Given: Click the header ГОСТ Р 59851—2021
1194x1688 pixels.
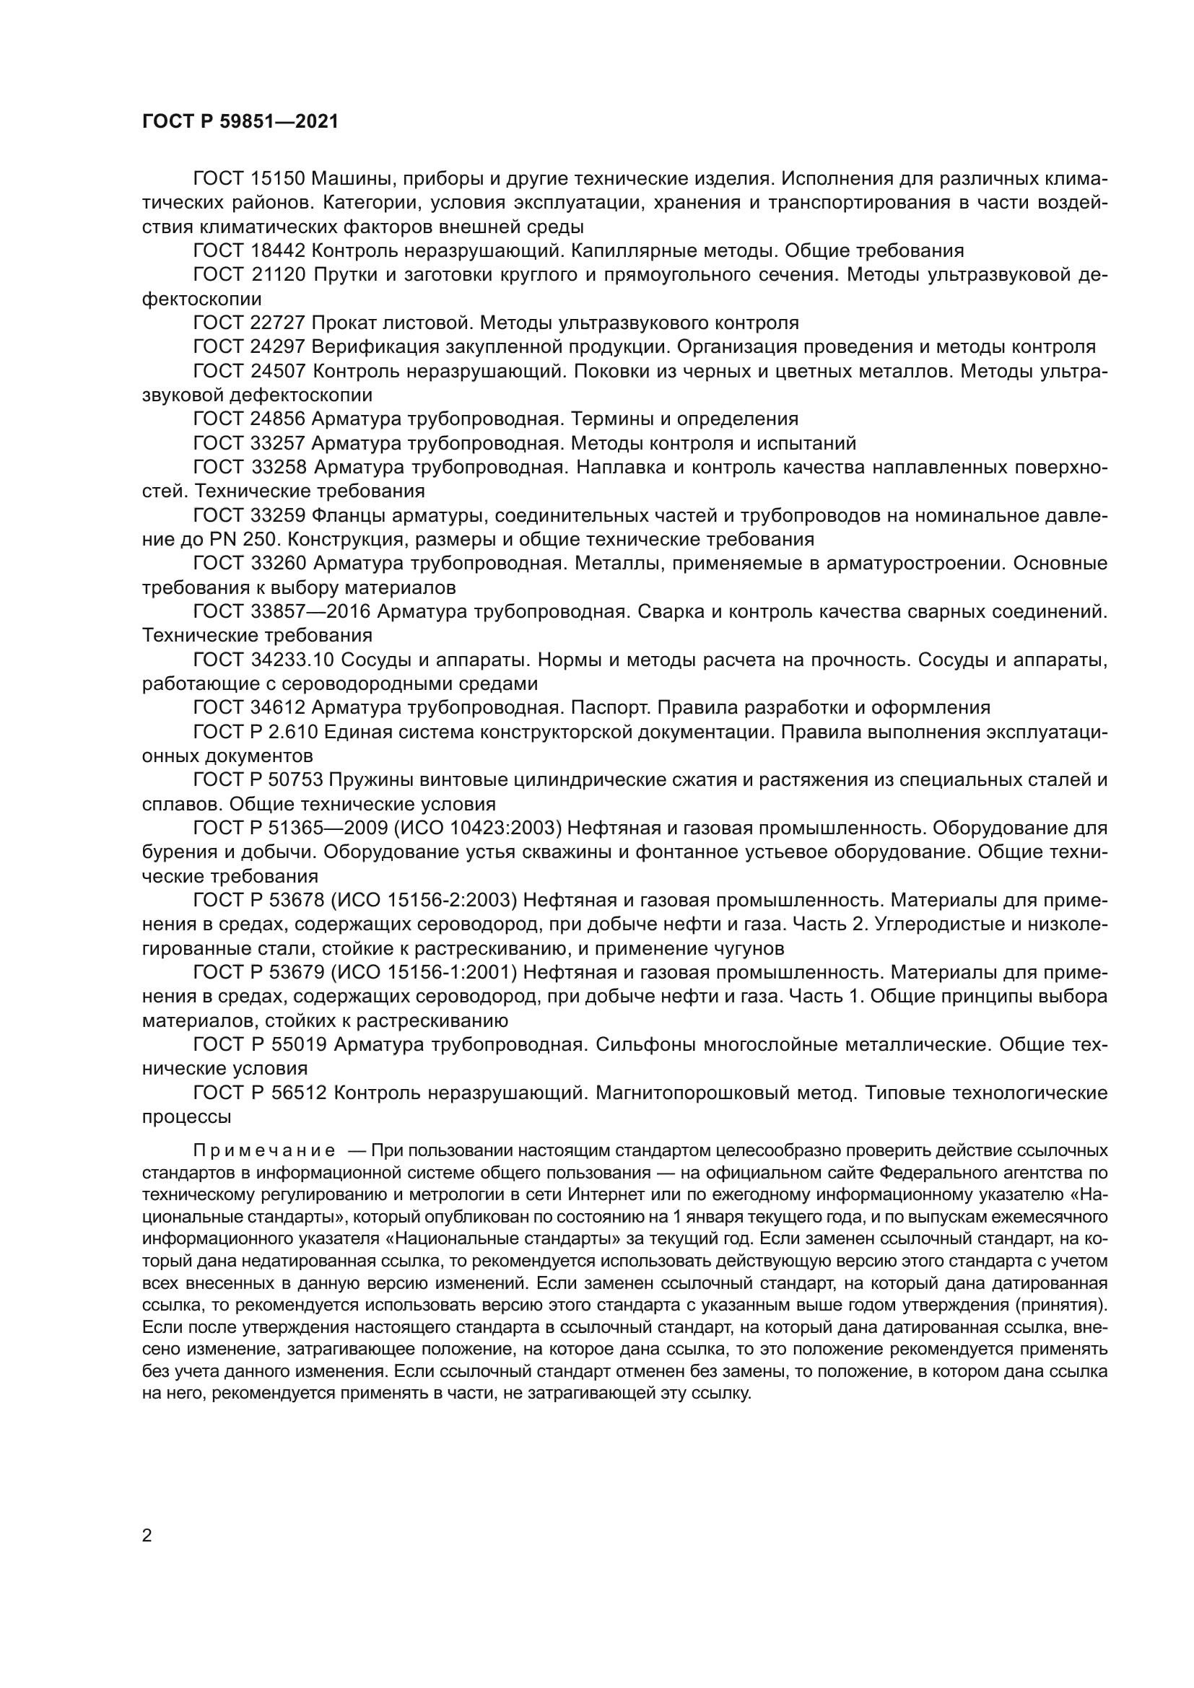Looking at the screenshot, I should [x=240, y=122].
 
